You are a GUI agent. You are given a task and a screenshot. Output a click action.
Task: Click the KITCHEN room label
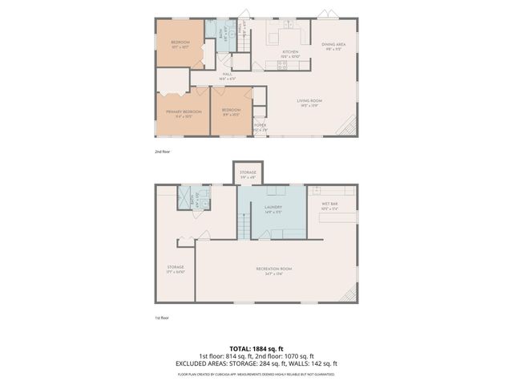pos(290,51)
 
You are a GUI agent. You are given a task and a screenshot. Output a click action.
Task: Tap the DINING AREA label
pos(333,45)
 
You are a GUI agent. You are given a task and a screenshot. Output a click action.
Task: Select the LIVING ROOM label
pos(309,101)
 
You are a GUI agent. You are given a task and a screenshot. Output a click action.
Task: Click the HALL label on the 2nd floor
pos(228,75)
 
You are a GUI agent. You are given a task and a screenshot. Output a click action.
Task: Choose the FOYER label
pos(260,125)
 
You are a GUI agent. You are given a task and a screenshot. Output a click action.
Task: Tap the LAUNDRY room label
pos(272,207)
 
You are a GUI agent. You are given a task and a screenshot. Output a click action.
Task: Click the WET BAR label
pos(330,205)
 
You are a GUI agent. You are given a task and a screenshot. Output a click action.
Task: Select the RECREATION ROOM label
pos(273,268)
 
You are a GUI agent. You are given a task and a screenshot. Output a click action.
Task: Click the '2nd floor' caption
pos(163,151)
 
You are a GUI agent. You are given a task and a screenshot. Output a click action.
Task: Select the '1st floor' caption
pos(163,318)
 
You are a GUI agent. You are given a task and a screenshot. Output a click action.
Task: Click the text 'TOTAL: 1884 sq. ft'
pos(256,349)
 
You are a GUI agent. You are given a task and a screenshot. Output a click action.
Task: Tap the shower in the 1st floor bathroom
pos(185,194)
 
